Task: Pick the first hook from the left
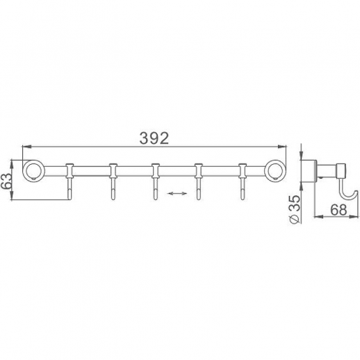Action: pyautogui.click(x=69, y=182)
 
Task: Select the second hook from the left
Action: pyautogui.click(x=112, y=182)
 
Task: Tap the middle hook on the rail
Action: pyautogui.click(x=156, y=182)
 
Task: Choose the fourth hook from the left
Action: pyautogui.click(x=199, y=182)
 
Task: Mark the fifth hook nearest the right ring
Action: pyautogui.click(x=243, y=182)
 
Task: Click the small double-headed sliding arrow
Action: pyautogui.click(x=177, y=195)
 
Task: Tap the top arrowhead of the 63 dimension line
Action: pyautogui.click(x=13, y=161)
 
